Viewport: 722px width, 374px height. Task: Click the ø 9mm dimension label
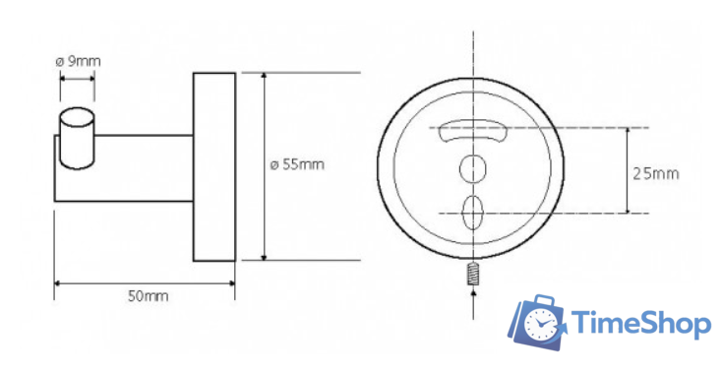click(x=78, y=61)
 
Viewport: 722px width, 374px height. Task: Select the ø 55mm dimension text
click(x=297, y=164)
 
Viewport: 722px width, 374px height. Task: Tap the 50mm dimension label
click(x=148, y=295)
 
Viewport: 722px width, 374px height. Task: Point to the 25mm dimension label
click(x=656, y=173)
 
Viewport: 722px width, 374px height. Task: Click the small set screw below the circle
click(x=472, y=274)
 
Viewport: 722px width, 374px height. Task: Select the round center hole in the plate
click(x=473, y=169)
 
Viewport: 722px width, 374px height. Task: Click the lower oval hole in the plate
click(x=472, y=213)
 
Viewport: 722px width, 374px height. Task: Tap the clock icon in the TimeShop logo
click(x=540, y=325)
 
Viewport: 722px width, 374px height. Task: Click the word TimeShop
click(x=641, y=324)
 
